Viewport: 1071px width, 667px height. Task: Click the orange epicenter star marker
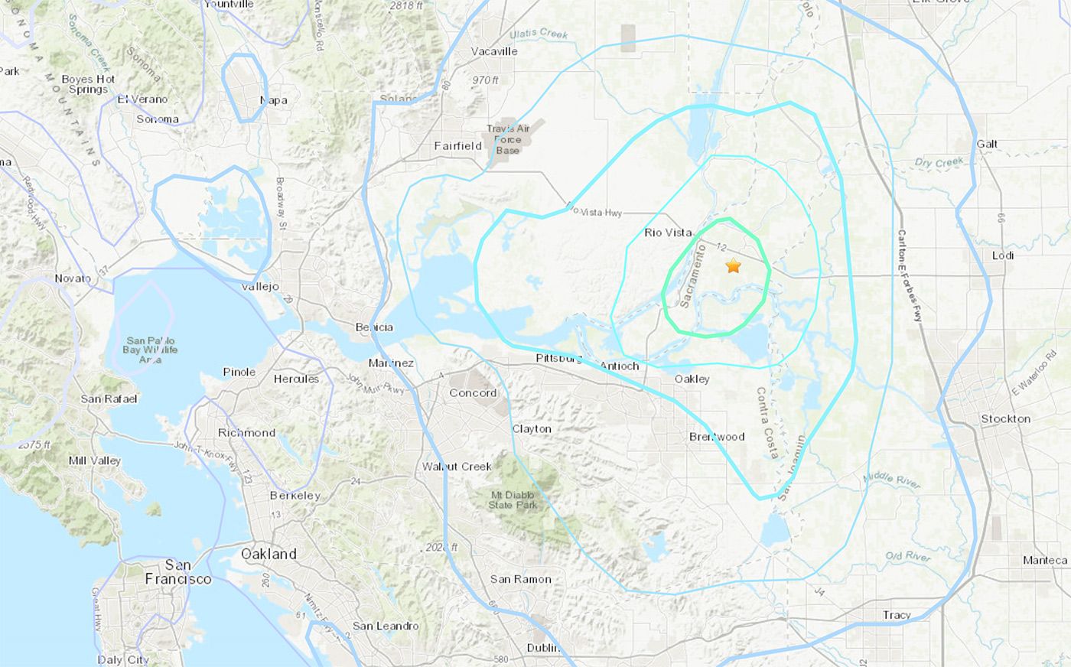point(733,266)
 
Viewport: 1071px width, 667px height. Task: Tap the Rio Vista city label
point(667,233)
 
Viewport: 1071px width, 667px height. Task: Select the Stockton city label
point(1005,419)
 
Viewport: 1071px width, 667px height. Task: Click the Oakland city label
point(268,554)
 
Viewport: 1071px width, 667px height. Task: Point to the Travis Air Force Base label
point(508,140)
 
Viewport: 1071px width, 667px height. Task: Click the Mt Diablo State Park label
point(513,500)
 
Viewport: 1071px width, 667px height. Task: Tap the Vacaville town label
point(494,51)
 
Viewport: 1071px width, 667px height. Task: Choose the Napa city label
point(273,100)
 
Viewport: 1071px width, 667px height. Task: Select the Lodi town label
point(1002,255)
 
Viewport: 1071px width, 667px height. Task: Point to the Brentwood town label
point(717,437)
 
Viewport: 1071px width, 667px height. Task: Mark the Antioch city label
point(619,366)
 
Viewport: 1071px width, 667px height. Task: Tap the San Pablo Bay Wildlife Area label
point(150,350)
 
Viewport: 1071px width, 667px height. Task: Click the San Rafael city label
point(109,399)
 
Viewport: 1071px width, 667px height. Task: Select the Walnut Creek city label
point(457,467)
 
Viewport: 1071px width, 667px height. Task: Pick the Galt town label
point(987,144)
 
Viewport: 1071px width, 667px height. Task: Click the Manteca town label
point(1044,561)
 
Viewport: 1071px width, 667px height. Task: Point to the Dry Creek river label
point(939,162)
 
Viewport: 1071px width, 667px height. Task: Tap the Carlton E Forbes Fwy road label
point(910,284)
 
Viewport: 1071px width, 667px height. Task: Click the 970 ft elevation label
point(485,80)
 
